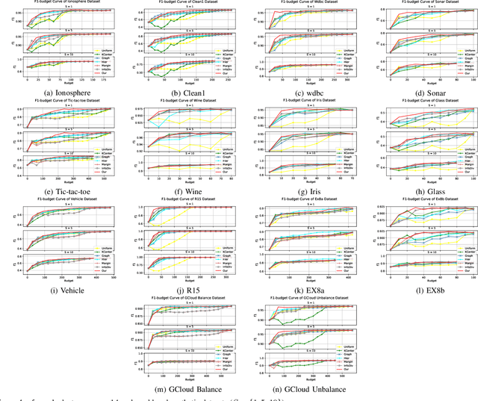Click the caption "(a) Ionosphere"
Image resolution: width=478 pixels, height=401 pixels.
[x=60, y=92]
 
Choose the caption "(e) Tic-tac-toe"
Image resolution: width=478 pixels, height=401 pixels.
[x=60, y=190]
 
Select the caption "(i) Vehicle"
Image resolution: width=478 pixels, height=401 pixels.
[x=60, y=289]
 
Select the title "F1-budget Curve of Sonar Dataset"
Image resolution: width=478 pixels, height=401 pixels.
[x=418, y=4]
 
